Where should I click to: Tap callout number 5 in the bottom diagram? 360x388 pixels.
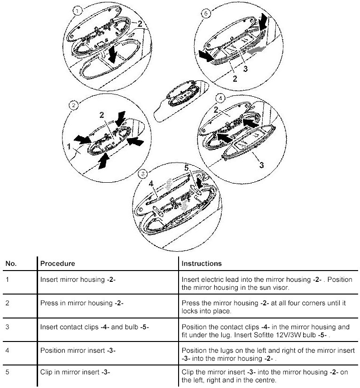(186, 167)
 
